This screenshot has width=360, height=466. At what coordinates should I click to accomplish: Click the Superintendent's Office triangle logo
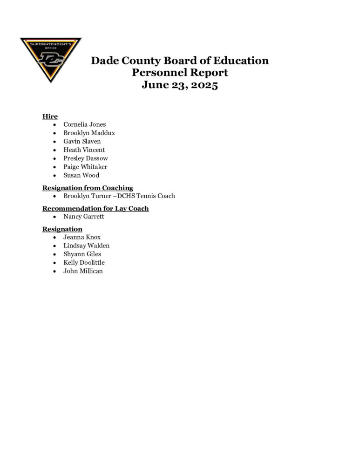[x=50, y=58]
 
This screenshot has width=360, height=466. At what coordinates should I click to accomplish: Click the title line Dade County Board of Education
[x=180, y=61]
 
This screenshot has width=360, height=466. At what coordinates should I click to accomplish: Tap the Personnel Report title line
[x=180, y=73]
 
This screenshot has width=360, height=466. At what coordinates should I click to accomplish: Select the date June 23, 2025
[x=180, y=85]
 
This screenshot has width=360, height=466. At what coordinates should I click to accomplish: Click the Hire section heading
[x=50, y=116]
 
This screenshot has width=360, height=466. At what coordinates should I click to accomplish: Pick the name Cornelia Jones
[x=85, y=124]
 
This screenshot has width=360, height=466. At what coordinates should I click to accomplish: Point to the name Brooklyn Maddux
[x=89, y=133]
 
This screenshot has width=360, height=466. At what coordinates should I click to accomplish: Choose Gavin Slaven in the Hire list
[x=82, y=141]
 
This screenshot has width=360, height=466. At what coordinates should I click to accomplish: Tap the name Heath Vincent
[x=84, y=150]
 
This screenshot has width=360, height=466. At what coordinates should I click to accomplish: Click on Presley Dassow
[x=86, y=158]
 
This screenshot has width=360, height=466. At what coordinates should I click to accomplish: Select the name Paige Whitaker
[x=85, y=167]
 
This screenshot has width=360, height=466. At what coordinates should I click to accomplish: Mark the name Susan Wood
[x=82, y=175]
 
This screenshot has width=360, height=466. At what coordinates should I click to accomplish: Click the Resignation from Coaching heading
[x=88, y=188]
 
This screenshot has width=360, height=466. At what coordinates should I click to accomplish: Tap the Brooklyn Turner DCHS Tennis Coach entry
[x=119, y=196]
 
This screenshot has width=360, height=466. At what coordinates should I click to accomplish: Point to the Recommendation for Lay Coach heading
[x=95, y=208]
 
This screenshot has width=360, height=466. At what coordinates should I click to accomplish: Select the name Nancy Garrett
[x=84, y=217]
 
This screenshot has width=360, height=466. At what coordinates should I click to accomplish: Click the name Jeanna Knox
[x=82, y=237]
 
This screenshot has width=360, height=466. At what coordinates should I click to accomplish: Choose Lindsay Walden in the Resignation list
[x=87, y=246]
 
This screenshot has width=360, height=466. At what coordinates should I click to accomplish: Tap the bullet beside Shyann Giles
[x=55, y=254]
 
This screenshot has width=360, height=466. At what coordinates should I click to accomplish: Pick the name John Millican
[x=83, y=271]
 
